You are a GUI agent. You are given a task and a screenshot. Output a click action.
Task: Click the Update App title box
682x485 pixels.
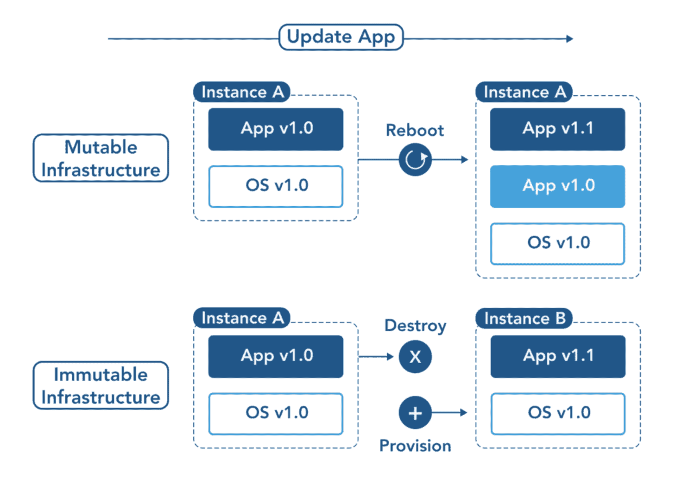[341, 37]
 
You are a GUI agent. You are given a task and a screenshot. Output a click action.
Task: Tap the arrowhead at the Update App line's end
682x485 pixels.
[569, 39]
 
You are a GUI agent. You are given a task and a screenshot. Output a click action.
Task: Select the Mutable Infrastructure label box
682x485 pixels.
[101, 158]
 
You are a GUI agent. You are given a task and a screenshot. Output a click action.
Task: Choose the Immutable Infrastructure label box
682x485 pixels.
[101, 385]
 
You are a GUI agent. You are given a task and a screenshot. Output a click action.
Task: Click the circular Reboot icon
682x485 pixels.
[415, 160]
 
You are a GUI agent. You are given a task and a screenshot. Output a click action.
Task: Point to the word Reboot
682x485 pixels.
[415, 130]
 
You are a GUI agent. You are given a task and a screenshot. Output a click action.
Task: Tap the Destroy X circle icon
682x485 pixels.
[415, 357]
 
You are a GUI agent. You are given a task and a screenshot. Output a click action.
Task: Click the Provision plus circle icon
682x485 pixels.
[415, 412]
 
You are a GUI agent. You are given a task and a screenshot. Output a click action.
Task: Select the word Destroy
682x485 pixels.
[415, 326]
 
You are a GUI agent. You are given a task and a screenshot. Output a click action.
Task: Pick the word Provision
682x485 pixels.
[415, 446]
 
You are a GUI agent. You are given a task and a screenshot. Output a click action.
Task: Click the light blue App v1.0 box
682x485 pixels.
[557, 186]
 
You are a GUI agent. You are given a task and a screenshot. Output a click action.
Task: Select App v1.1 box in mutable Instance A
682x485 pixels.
[557, 129]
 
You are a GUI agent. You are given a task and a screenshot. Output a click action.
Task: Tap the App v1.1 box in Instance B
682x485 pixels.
[558, 356]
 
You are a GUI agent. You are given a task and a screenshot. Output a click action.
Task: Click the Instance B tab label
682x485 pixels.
[524, 319]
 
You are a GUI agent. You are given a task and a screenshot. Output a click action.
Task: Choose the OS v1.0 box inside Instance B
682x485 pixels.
[558, 413]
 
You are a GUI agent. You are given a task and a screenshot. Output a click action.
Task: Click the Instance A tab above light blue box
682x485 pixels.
[524, 92]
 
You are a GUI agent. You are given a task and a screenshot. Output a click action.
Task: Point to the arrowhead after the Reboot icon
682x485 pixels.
[464, 160]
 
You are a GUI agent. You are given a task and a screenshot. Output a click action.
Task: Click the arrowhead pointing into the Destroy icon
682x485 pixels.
[390, 357]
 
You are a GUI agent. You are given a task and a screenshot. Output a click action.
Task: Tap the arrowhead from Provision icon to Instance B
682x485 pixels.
[463, 412]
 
